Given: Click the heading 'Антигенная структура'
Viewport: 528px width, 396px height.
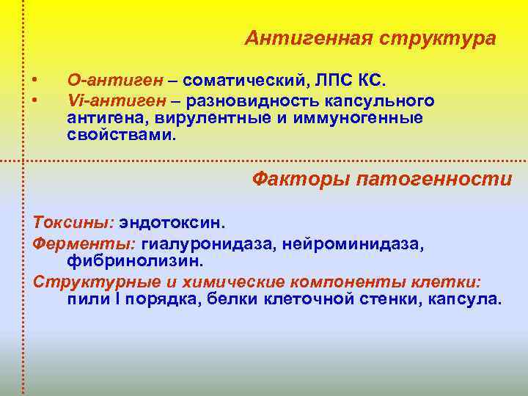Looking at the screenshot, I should point(370,37).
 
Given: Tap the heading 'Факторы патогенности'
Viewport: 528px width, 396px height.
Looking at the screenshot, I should point(382,178).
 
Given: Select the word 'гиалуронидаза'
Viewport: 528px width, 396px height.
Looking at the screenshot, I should point(208,242).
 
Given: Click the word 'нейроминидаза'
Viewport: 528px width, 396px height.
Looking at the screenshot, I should point(351,242).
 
